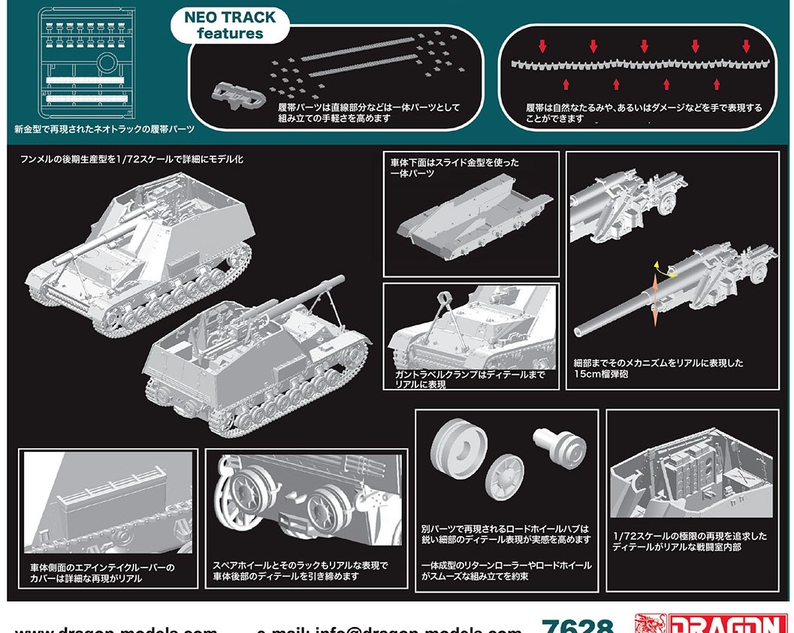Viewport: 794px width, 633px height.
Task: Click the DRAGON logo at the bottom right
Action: click(714, 625)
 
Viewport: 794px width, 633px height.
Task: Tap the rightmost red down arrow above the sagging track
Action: click(746, 46)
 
